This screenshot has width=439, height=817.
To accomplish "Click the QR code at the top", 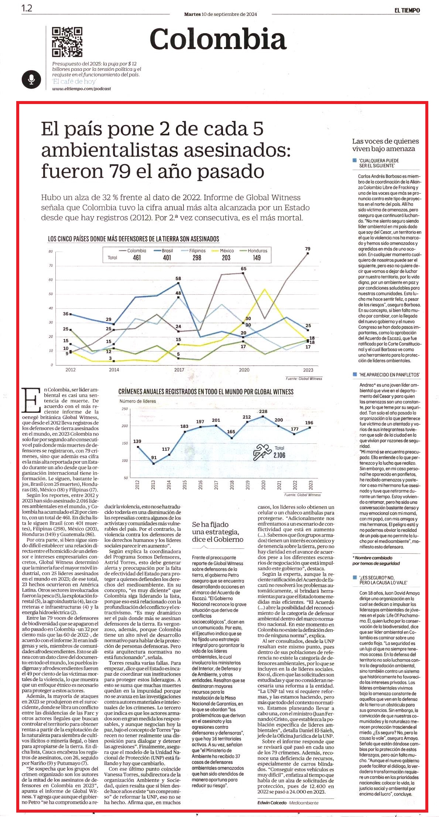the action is tap(67, 42).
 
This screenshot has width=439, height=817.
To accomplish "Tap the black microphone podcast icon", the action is tap(31, 79).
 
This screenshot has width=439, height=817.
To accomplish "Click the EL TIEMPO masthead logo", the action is tap(407, 10).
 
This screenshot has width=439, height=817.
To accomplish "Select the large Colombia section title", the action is tap(218, 39).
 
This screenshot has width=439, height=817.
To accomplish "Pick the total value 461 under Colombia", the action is tap(137, 257).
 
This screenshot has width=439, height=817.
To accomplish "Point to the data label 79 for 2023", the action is tap(308, 249).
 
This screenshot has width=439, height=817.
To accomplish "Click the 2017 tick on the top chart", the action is tap(179, 370).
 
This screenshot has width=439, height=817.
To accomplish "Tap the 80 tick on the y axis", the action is tap(51, 252).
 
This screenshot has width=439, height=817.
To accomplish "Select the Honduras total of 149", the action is tap(257, 257).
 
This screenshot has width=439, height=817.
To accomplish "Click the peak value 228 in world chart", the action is tap(263, 411).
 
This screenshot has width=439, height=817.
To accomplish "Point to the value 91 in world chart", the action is tap(154, 457).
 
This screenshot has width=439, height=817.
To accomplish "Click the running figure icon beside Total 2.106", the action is tap(262, 452).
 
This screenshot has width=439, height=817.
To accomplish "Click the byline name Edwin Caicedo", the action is tap(272, 803).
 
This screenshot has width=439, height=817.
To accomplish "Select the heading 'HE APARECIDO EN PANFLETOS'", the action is tap(389, 375).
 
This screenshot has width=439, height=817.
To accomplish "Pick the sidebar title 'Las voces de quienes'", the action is tap(385, 141).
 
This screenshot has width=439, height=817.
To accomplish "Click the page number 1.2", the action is tap(27, 8).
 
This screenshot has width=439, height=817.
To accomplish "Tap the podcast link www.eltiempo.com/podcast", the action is tap(82, 89).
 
